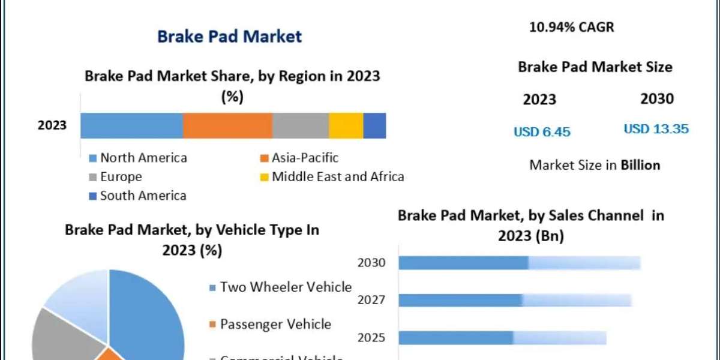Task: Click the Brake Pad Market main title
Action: tap(229, 36)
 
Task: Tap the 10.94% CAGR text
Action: tap(572, 27)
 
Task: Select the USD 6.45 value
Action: tap(542, 131)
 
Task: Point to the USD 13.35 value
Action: tap(656, 128)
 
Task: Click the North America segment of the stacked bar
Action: tap(131, 125)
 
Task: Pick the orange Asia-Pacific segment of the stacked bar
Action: tap(227, 125)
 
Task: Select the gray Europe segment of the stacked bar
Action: tap(300, 125)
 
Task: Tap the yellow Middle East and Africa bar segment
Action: tap(346, 125)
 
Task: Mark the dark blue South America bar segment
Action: tap(374, 125)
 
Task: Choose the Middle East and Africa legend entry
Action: tap(331, 176)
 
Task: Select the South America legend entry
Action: tap(137, 195)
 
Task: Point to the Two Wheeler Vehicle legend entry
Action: tap(280, 287)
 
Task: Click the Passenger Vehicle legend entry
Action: tap(270, 325)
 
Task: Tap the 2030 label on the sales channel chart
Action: tap(371, 263)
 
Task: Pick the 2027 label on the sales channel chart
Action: tap(371, 300)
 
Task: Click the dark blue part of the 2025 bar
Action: tap(456, 338)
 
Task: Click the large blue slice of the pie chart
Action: tap(147, 312)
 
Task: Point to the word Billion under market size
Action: tap(640, 165)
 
